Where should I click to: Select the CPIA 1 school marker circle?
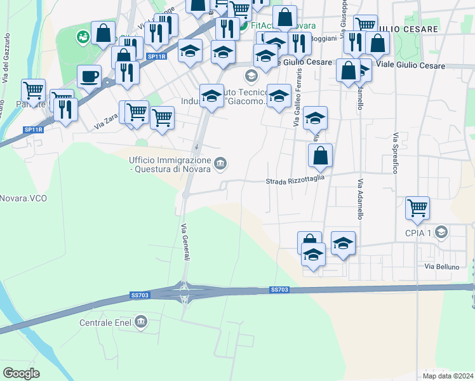coord(441,233)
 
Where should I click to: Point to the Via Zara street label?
coord(105,122)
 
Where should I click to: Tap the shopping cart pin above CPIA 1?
coord(417,207)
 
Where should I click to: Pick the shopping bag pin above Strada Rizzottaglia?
coord(321,155)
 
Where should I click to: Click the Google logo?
coord(22,373)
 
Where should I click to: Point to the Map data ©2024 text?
coord(448,376)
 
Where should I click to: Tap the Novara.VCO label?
coord(23,198)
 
